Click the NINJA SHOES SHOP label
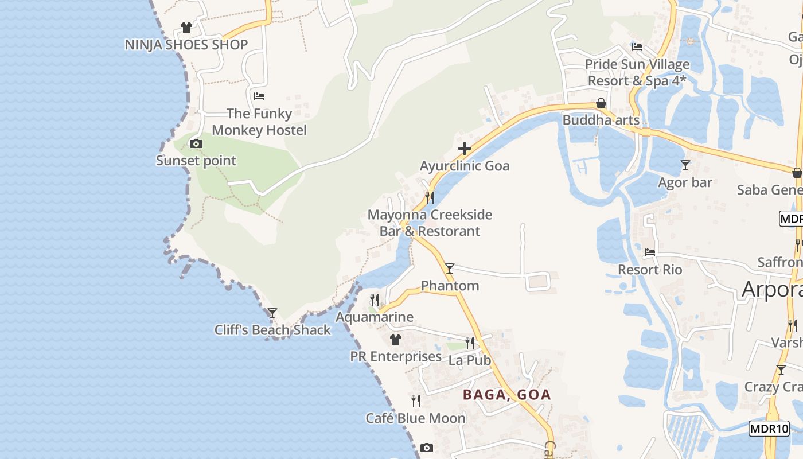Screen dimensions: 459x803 tap(186, 45)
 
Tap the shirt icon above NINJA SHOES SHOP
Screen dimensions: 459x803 tap(186, 27)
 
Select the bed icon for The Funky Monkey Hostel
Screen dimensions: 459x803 tap(259, 96)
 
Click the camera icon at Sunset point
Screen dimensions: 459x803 tap(196, 143)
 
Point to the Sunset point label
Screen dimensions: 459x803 tap(196, 161)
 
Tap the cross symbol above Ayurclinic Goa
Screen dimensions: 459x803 tap(465, 149)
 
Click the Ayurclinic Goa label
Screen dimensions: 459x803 tap(465, 166)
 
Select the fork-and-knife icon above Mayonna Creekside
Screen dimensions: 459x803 tap(429, 198)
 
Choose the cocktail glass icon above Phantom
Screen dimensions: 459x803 tap(450, 268)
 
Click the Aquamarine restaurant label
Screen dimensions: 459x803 tap(375, 317)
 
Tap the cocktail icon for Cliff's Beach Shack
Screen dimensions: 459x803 tap(272, 313)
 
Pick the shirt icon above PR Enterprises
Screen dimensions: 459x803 tap(395, 340)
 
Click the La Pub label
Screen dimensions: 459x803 tap(470, 360)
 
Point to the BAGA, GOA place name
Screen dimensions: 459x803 tap(507, 395)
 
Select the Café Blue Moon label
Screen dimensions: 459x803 tap(416, 418)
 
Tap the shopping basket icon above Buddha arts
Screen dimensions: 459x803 tap(601, 104)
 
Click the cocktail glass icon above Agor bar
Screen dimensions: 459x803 tap(685, 165)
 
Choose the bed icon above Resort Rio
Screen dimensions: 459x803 tap(650, 252)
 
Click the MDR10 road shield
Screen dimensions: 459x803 tap(769, 429)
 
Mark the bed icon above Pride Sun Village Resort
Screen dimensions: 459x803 tap(637, 46)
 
